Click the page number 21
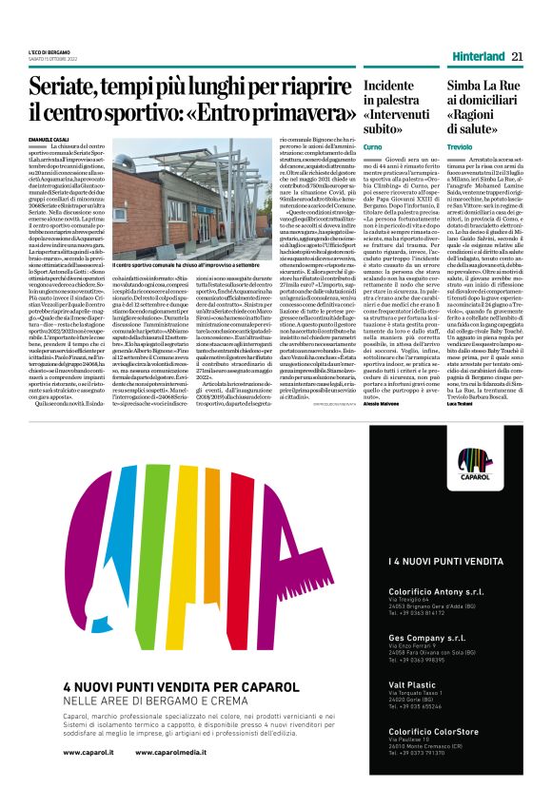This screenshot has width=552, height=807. pyautogui.click(x=517, y=56)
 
